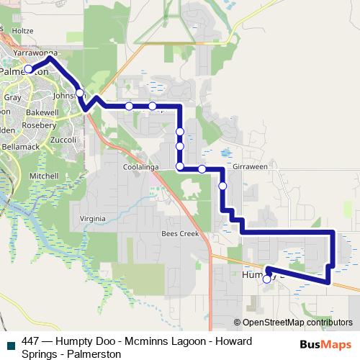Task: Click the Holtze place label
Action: click(22, 31)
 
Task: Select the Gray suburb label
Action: click(12, 97)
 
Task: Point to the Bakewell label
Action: click(42, 113)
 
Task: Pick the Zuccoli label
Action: click(64, 139)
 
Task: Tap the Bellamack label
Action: click(20, 146)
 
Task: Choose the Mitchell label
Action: click(43, 176)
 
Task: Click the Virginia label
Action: click(92, 218)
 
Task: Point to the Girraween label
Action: click(250, 166)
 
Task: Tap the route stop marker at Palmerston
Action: click(29, 69)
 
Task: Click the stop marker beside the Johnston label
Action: click(81, 93)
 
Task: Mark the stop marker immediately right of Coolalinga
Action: click(179, 167)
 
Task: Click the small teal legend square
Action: click(10, 343)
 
